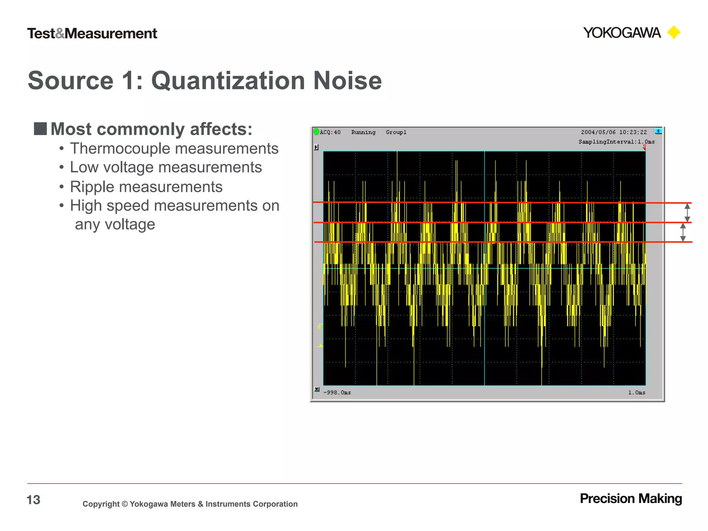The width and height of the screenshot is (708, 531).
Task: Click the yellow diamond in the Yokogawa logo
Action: [673, 33]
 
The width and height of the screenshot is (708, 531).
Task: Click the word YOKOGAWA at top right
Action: [622, 33]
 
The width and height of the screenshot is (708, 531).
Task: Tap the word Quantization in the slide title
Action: [228, 81]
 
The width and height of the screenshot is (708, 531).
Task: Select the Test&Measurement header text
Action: [92, 34]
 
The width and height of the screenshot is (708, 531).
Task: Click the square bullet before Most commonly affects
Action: [40, 129]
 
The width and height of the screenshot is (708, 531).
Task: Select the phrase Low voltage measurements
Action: [166, 168]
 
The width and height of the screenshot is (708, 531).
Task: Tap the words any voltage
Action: [115, 224]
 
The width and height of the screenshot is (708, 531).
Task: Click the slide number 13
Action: [34, 500]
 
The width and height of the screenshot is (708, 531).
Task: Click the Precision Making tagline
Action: [631, 499]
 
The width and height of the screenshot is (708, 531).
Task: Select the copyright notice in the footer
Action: [190, 504]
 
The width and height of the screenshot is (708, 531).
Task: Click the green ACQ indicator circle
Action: [316, 132]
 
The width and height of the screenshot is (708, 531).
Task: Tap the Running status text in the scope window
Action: [363, 132]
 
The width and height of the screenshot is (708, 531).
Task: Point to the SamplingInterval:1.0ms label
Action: [616, 142]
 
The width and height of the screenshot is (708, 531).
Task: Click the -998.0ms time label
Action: [337, 392]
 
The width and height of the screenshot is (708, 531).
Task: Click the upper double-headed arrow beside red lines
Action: [687, 212]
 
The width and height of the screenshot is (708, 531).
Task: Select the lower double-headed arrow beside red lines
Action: [683, 232]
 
